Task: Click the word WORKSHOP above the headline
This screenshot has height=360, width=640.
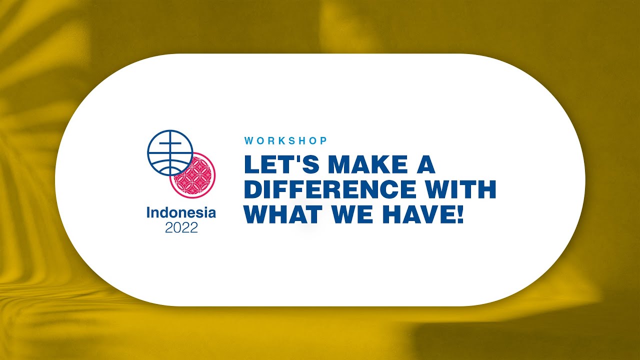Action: click(x=285, y=141)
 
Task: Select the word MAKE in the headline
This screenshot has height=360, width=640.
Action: click(x=366, y=164)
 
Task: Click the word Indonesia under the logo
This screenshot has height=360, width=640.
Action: click(x=181, y=212)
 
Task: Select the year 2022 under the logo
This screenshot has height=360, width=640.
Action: click(x=181, y=228)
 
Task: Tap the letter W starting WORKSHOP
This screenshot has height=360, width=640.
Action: click(x=248, y=141)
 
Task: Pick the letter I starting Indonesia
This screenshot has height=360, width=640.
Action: click(x=148, y=212)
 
